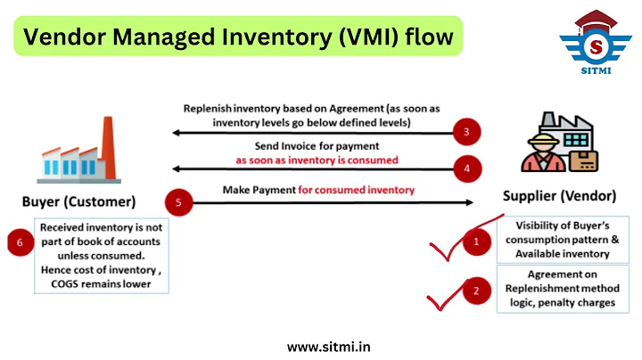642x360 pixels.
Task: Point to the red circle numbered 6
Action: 20,242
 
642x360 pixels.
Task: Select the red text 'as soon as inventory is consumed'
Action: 317,160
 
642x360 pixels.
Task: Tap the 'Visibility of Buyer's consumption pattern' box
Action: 564,238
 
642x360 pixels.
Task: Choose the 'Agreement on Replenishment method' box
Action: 564,289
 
